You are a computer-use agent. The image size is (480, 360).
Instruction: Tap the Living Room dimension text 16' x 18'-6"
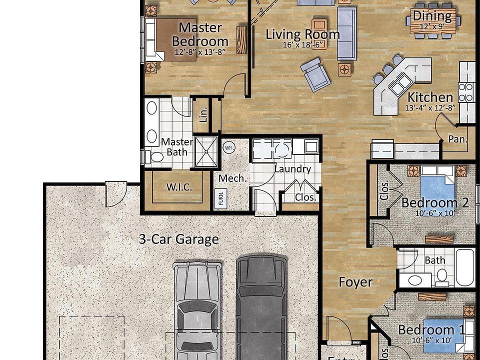pos(302,45)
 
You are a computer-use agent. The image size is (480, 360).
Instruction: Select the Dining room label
pos(431,16)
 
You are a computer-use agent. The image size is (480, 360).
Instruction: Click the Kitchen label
pos(430,97)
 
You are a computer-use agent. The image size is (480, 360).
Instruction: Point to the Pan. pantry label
pos(457,139)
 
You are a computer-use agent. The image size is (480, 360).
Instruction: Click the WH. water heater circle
pos(229,148)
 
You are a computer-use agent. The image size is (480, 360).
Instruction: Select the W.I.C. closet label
pos(178,187)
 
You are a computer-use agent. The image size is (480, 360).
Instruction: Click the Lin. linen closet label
pos(203,115)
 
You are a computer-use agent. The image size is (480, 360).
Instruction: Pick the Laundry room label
pos(292,169)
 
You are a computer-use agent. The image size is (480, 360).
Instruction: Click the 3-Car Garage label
pos(178,239)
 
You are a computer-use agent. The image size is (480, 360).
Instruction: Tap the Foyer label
pos(355,282)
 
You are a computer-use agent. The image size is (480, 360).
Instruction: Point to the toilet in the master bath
pos(156,157)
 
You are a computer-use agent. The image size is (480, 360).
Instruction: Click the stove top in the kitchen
pos(466,92)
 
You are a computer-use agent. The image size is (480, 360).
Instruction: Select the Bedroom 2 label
pos(435,203)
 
